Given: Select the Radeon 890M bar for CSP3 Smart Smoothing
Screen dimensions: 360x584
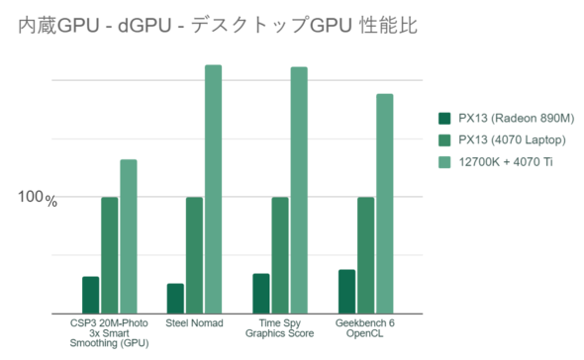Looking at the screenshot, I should pyautogui.click(x=90, y=294).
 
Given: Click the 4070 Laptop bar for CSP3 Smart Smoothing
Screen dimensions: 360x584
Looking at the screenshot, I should pyautogui.click(x=109, y=254).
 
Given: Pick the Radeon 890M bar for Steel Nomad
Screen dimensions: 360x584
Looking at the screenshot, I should pyautogui.click(x=175, y=298).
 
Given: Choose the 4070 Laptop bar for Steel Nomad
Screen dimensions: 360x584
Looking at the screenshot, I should pyautogui.click(x=194, y=254).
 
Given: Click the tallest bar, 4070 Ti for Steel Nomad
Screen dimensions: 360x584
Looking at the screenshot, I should pyautogui.click(x=213, y=188).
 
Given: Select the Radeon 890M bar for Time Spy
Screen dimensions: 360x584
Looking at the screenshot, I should pyautogui.click(x=260, y=293).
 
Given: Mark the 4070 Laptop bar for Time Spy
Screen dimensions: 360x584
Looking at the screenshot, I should pyautogui.click(x=280, y=254).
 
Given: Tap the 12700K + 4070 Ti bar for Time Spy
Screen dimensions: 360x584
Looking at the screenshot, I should pyautogui.click(x=299, y=189).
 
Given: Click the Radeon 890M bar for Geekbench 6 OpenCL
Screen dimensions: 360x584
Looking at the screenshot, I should pyautogui.click(x=346, y=291).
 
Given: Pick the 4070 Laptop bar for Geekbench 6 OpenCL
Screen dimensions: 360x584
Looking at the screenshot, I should pyautogui.click(x=365, y=254).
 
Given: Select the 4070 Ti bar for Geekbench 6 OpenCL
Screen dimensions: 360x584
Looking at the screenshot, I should pyautogui.click(x=384, y=203).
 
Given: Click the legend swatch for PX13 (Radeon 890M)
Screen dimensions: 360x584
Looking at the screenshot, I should pyautogui.click(x=444, y=119).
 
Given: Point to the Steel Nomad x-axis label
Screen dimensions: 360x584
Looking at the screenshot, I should pyautogui.click(x=194, y=323).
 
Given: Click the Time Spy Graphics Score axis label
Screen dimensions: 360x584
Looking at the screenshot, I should pyautogui.click(x=279, y=328).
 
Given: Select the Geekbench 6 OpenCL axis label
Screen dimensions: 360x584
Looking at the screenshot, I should pyautogui.click(x=365, y=328).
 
